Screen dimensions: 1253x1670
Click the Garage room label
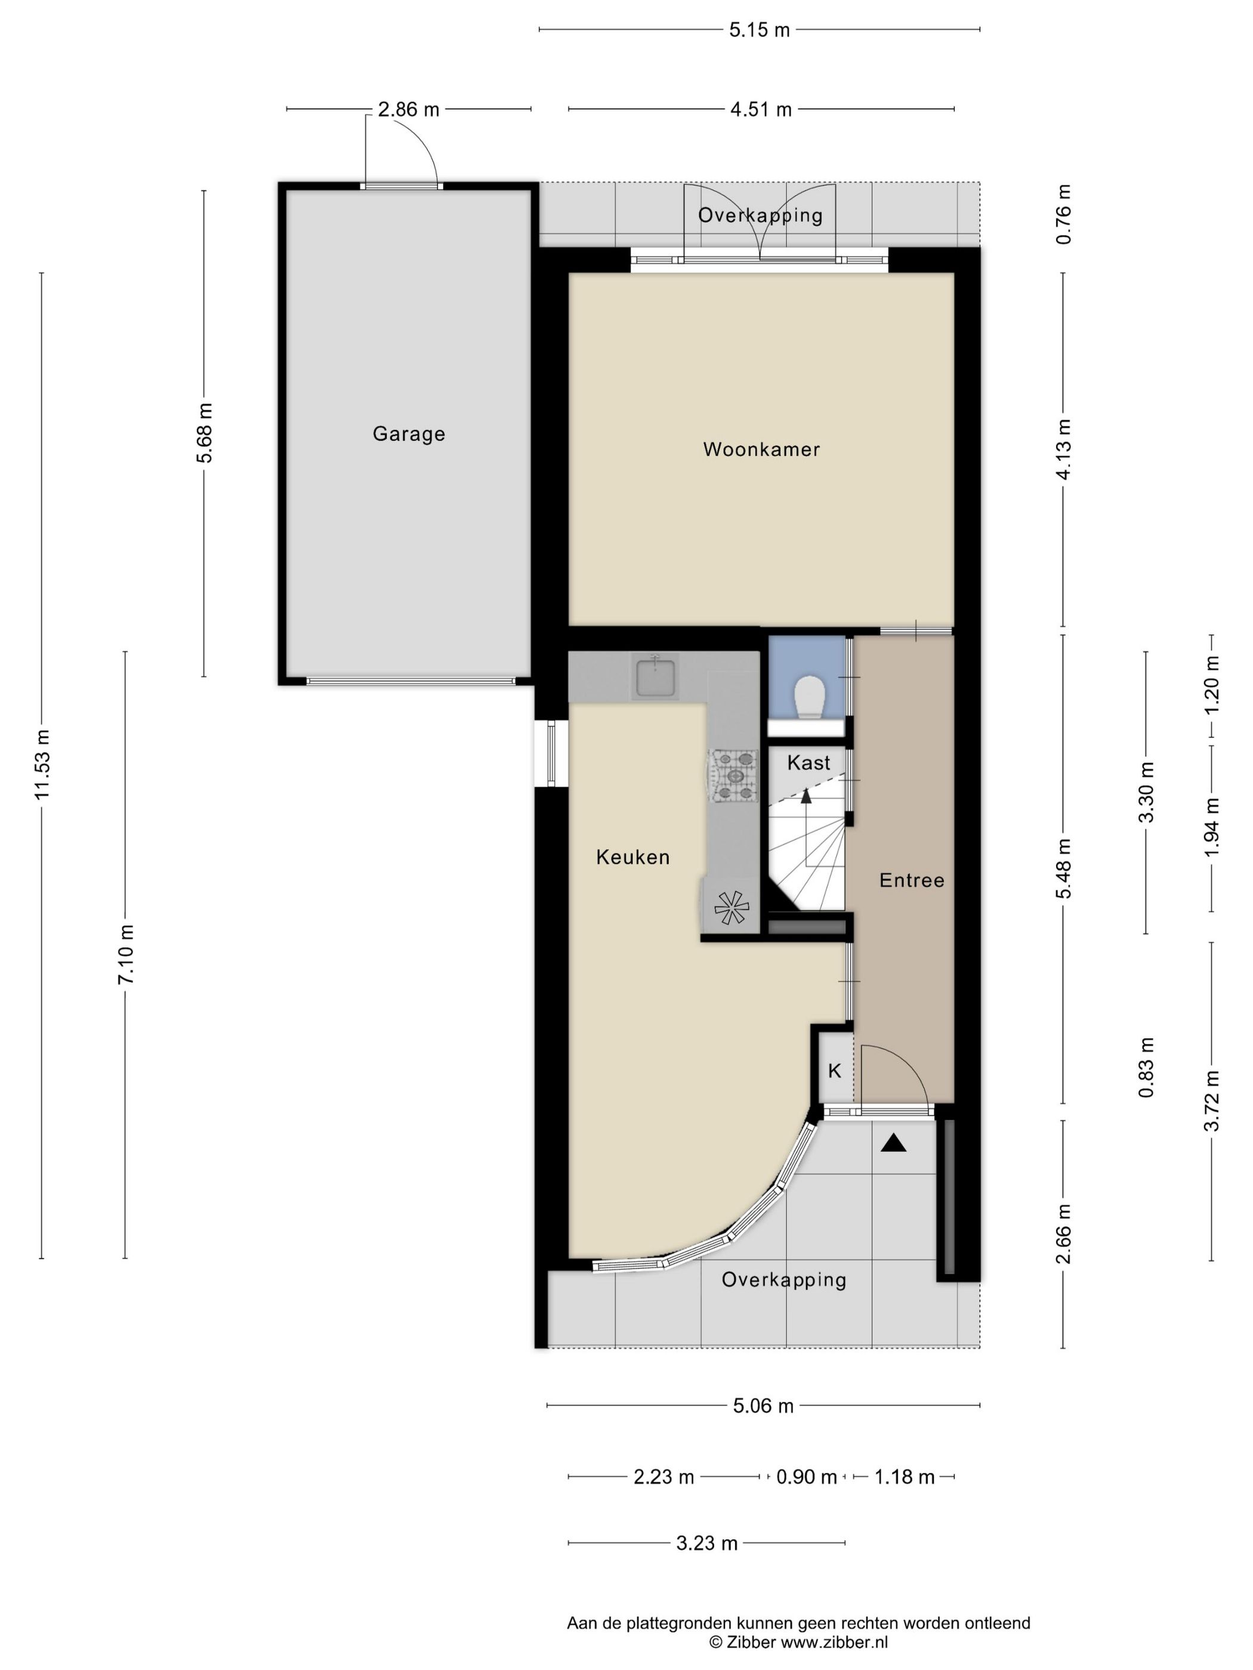pyautogui.click(x=409, y=434)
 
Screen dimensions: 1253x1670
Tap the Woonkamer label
pyautogui.click(x=761, y=449)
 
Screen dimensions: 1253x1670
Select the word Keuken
pyautogui.click(x=633, y=857)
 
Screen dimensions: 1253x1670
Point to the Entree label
pyautogui.click(x=912, y=880)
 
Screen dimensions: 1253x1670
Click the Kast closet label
pyautogui.click(x=808, y=762)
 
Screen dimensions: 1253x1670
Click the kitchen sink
pyautogui.click(x=656, y=676)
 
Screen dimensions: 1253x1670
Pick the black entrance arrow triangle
pyautogui.click(x=893, y=1144)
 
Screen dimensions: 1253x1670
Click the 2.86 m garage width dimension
pyautogui.click(x=409, y=110)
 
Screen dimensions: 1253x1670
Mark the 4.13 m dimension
pyautogui.click(x=1063, y=449)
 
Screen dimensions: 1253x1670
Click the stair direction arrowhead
pyautogui.click(x=806, y=794)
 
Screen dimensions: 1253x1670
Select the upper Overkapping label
pyautogui.click(x=760, y=215)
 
